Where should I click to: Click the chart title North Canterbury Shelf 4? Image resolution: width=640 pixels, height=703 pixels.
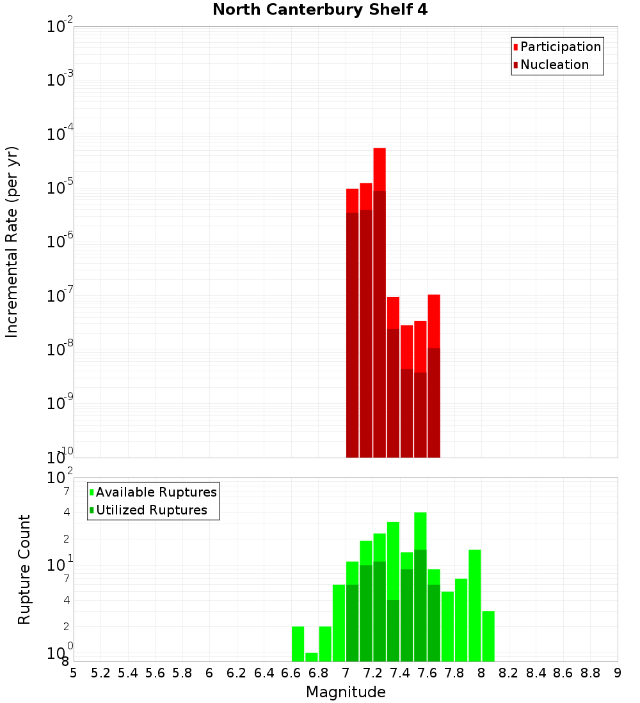pos(319,10)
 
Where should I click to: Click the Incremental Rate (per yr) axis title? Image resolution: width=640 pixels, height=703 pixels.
pos(12,242)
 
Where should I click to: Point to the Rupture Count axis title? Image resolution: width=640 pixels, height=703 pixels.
pos(24,569)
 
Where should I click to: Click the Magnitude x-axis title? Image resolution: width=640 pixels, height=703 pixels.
pos(346,692)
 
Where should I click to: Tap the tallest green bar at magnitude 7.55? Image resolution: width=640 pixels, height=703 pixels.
pos(420,530)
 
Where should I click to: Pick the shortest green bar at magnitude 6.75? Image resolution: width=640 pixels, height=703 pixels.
pos(312,657)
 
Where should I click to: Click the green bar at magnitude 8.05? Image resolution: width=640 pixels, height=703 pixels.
pos(488,636)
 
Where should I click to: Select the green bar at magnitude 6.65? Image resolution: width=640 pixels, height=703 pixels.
pos(298,644)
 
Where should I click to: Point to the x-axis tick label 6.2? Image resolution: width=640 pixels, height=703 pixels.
pos(237,672)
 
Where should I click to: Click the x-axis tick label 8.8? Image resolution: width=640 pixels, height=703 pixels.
pos(590,672)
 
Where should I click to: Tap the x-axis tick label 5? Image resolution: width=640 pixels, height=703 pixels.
pos(74,672)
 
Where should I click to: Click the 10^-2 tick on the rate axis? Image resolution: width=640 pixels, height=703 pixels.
pos(60,27)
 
